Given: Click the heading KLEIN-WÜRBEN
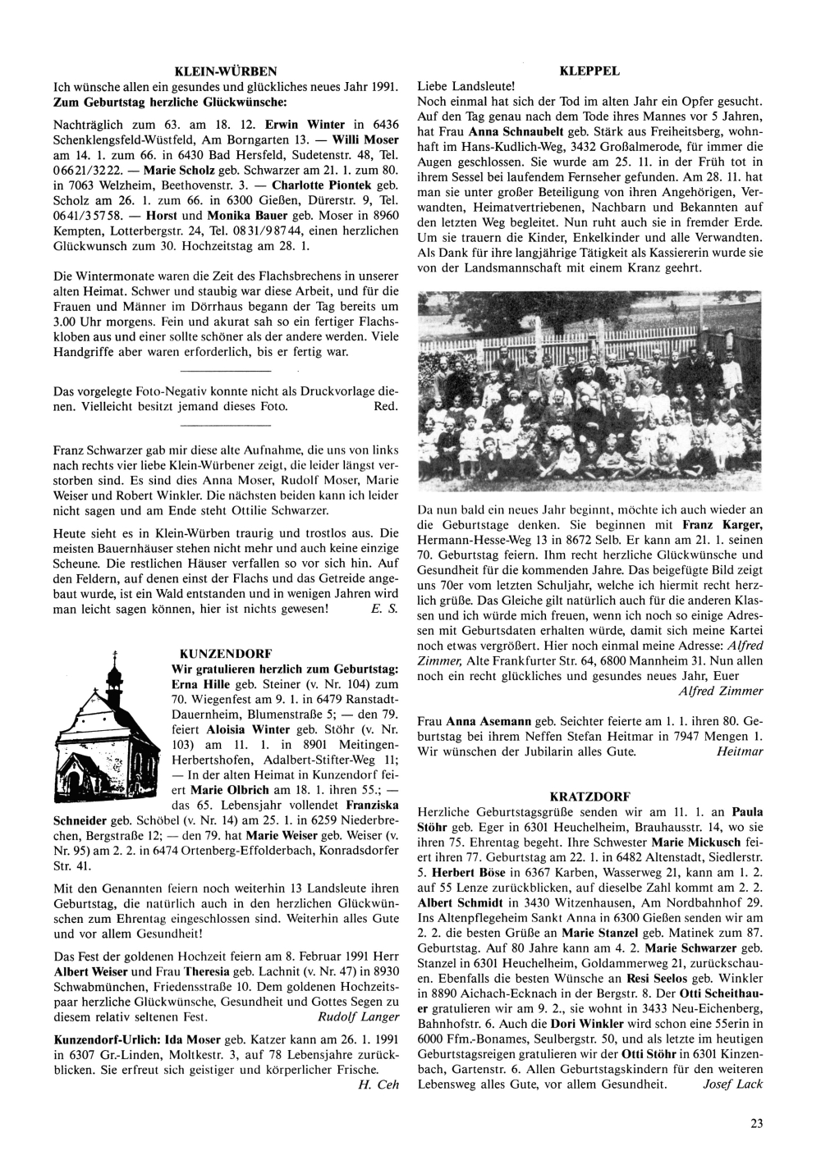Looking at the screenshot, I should (226, 71).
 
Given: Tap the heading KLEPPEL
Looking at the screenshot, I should (589, 71).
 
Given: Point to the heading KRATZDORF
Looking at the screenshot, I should (589, 796).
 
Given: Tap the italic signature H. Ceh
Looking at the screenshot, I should (378, 1085).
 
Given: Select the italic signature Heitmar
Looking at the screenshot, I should (740, 750).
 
